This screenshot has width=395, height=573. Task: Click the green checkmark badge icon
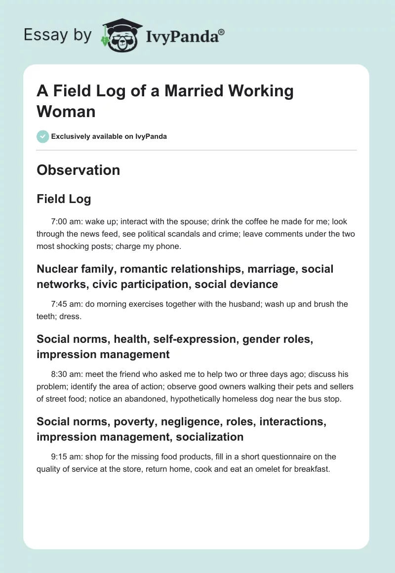(43, 136)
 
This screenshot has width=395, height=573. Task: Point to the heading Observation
(78, 170)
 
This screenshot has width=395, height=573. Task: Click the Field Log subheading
(64, 199)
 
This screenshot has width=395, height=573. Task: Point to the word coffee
(239, 222)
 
